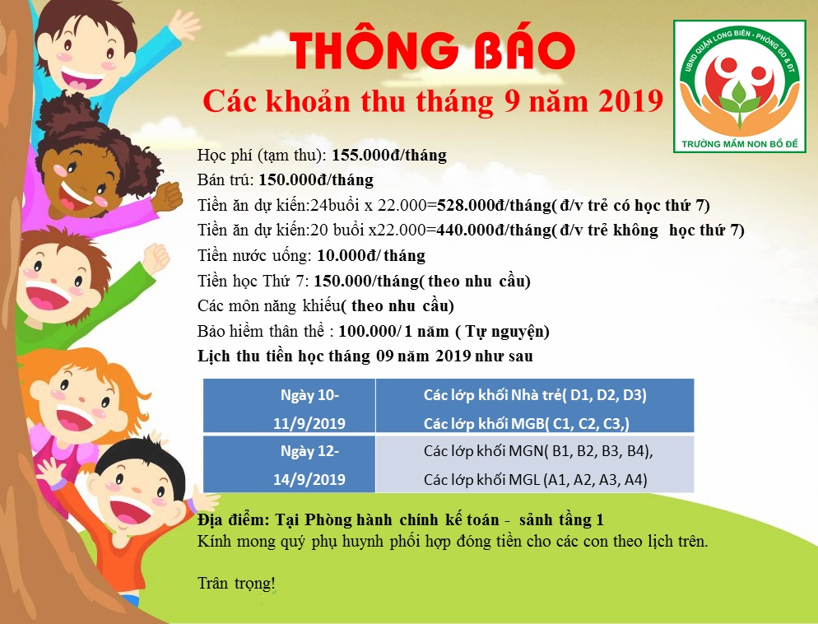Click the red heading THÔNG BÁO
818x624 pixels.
point(433,50)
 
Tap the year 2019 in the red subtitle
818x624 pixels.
point(630,101)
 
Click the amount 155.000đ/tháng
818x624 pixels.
point(389,156)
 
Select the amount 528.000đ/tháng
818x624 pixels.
point(494,206)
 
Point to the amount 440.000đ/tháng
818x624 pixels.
point(494,230)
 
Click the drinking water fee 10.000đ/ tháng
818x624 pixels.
point(371,256)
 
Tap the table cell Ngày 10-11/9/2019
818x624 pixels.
point(309,409)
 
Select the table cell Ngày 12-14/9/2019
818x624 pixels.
point(309,465)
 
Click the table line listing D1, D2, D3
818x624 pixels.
point(535,395)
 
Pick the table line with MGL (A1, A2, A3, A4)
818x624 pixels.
point(535,479)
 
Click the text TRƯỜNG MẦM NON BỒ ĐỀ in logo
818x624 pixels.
point(740,143)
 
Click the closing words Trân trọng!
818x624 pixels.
point(236,583)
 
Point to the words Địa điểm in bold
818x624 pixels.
point(233,520)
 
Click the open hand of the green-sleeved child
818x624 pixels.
point(156,258)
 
